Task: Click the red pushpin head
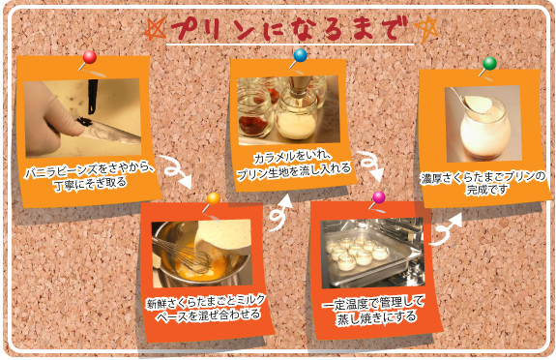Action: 89,57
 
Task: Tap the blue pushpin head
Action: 300,55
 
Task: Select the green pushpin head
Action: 489,63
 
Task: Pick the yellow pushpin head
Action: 214,198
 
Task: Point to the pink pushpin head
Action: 379,197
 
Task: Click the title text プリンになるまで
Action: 290,29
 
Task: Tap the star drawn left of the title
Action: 155,28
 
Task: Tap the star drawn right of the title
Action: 426,30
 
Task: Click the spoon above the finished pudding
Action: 472,102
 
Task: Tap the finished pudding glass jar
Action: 485,130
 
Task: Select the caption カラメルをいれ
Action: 292,157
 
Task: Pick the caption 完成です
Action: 486,190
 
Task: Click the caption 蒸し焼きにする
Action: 376,316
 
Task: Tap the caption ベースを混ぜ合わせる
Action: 208,315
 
